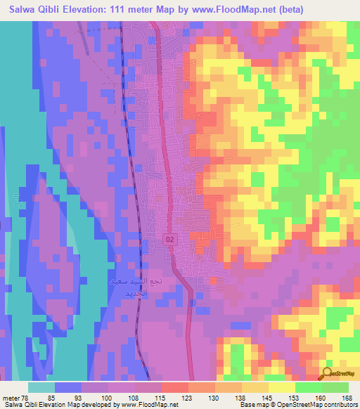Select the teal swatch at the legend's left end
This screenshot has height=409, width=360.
point(41,388)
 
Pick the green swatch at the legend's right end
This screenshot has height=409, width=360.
point(335,388)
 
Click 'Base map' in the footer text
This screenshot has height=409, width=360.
point(251,404)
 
